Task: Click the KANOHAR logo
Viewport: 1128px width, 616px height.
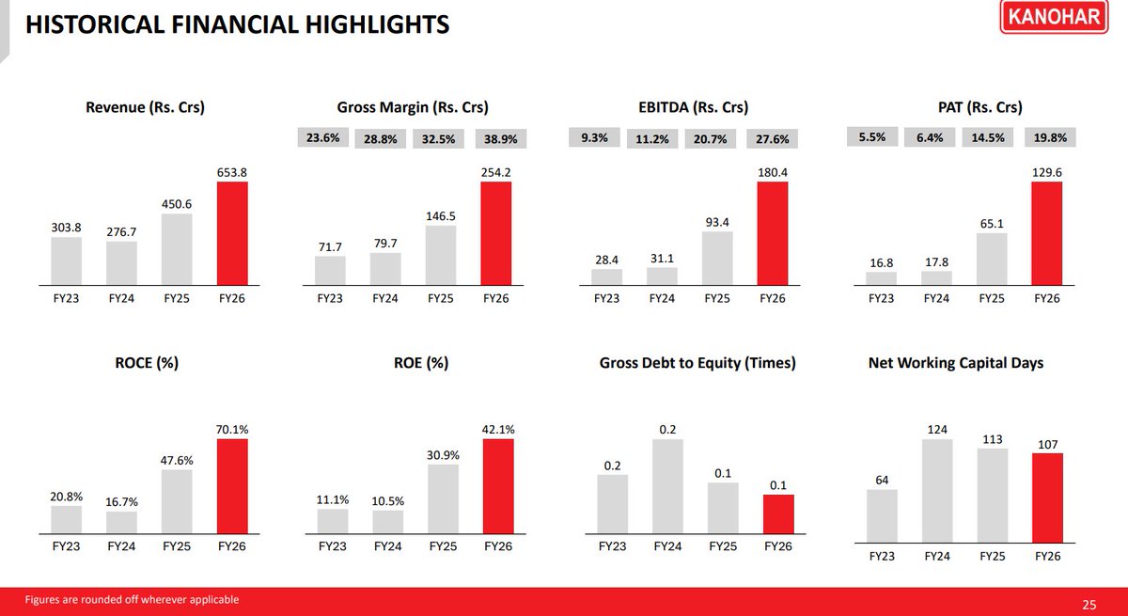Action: [x=1054, y=17]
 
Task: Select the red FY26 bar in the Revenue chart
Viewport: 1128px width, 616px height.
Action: [x=232, y=233]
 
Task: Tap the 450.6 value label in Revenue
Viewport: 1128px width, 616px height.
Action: [x=177, y=204]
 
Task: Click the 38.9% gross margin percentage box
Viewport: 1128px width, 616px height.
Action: [x=500, y=138]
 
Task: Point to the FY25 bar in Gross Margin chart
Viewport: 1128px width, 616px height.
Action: [x=441, y=255]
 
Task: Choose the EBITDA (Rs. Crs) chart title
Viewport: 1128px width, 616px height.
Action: [x=694, y=107]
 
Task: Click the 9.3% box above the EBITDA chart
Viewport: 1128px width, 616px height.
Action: [x=594, y=137]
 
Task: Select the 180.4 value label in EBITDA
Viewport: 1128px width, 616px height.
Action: [x=773, y=172]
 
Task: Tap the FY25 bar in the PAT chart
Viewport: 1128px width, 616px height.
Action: [x=992, y=259]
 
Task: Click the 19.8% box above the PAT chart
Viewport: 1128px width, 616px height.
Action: [x=1050, y=137]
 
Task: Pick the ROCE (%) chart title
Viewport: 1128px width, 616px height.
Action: [x=147, y=363]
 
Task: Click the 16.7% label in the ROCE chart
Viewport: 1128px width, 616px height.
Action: [x=121, y=501]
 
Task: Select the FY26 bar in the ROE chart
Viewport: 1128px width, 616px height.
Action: [x=498, y=486]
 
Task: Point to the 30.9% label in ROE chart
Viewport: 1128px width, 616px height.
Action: [x=443, y=455]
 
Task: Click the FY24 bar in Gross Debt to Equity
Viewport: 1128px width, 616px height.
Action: [x=667, y=486]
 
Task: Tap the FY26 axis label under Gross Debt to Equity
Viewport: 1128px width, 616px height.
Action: [x=778, y=546]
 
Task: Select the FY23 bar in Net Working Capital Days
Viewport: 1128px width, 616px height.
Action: [x=882, y=515]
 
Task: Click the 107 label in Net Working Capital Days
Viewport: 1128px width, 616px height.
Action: [x=1047, y=444]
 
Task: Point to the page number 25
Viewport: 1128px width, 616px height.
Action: [x=1089, y=605]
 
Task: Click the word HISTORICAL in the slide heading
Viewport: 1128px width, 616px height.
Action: [x=95, y=24]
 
